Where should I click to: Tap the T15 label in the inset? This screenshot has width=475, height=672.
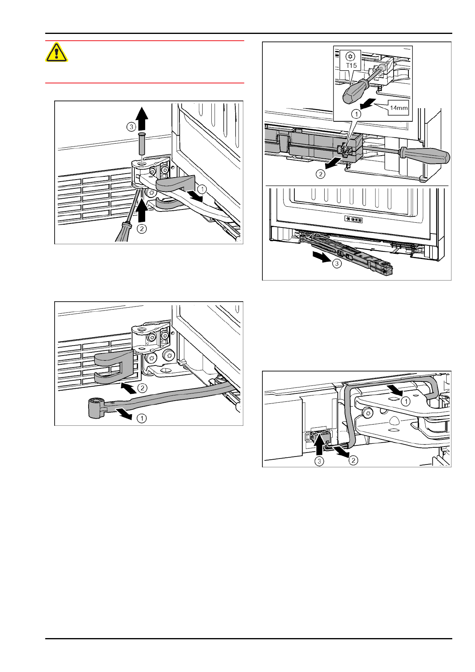pos(351,65)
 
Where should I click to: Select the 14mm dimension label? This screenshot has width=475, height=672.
pos(398,108)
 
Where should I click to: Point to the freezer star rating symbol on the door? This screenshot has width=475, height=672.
pos(353,219)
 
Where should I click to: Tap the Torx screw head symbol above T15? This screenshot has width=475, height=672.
pos(351,56)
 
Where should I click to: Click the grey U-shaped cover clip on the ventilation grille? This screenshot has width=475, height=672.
pos(114,367)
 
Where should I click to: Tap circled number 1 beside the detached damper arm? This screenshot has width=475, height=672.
pos(142,418)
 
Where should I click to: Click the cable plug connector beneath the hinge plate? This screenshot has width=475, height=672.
pos(321,437)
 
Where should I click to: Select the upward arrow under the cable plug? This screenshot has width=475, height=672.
pos(319,445)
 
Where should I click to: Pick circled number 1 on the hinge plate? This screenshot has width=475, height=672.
pos(406,401)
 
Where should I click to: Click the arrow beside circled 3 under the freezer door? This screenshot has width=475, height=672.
pos(321,257)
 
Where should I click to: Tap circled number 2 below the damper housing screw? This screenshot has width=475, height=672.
pos(320,174)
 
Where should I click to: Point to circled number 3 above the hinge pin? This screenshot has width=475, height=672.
pos(131,127)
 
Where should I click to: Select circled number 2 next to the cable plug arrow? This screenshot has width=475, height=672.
pos(353,460)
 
